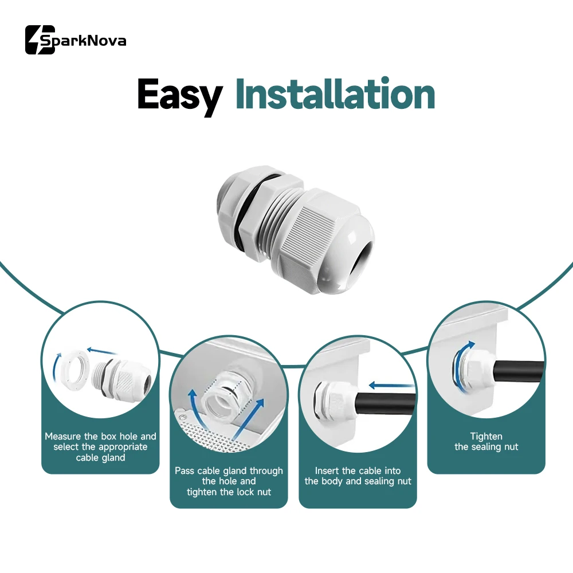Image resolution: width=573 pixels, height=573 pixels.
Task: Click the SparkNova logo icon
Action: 40,40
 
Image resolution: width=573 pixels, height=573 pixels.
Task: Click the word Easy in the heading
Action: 180,96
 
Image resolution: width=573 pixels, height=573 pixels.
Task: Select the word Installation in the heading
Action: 335,93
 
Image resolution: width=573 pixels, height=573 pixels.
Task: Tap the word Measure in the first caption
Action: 62,436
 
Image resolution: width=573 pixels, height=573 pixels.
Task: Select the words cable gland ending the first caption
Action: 100,457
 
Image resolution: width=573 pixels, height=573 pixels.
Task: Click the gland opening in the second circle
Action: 217,402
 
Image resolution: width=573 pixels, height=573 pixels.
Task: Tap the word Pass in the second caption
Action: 185,470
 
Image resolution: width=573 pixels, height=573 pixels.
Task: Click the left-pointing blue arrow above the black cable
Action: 391,385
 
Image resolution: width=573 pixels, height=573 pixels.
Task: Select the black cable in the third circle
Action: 386,405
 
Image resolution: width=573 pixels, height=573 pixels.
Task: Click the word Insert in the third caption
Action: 327,470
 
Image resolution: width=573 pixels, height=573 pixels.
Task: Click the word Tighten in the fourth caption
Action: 486,436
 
